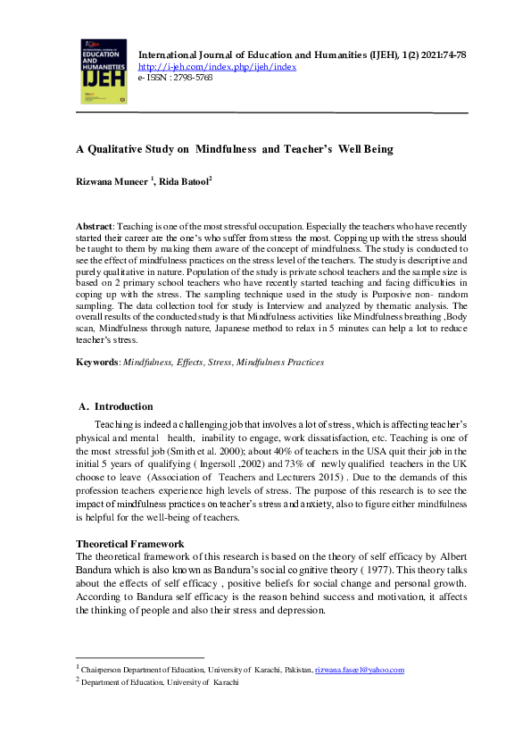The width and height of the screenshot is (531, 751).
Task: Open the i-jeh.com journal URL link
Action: pyautogui.click(x=217, y=67)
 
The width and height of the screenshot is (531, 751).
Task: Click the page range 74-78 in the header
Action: pyautogui.click(x=451, y=55)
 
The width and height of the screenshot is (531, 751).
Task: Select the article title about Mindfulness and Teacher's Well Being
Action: pyautogui.click(x=234, y=149)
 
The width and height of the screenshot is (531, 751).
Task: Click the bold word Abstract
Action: pyautogui.click(x=95, y=228)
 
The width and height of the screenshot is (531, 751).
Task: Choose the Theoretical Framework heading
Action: pyautogui.click(x=129, y=543)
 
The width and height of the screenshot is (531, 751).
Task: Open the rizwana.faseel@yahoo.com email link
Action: pyautogui.click(x=360, y=670)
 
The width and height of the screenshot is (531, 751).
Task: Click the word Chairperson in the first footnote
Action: pyautogui.click(x=108, y=670)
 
